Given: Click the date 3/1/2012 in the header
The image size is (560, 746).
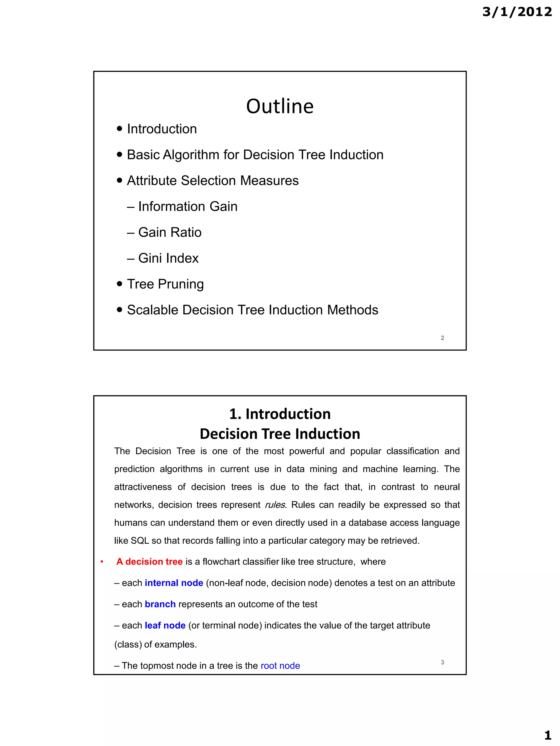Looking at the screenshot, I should [x=517, y=12].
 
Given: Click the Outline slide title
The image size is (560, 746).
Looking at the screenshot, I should [x=280, y=106].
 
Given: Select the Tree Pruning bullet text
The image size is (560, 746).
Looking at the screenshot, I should [x=165, y=284].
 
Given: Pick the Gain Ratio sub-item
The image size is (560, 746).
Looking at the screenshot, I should [x=170, y=232].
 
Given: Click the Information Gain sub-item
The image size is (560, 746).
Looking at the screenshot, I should [x=188, y=207].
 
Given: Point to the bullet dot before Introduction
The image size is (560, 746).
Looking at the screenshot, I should [x=119, y=129].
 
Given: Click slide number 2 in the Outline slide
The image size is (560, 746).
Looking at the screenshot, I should [x=442, y=338].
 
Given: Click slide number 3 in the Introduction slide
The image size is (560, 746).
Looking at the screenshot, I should [x=442, y=662].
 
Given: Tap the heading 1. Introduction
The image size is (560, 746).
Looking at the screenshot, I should [x=280, y=414].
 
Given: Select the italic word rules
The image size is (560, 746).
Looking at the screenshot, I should [x=275, y=505].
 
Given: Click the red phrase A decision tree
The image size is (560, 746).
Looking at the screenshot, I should [x=149, y=562].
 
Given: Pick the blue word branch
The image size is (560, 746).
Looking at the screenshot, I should [x=160, y=604].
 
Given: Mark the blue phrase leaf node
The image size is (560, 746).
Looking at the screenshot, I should [x=165, y=625].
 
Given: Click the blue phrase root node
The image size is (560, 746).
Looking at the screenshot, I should [x=280, y=665].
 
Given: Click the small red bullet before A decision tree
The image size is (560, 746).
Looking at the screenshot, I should [x=102, y=562].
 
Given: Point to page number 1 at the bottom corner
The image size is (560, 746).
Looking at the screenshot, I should [x=547, y=735].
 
